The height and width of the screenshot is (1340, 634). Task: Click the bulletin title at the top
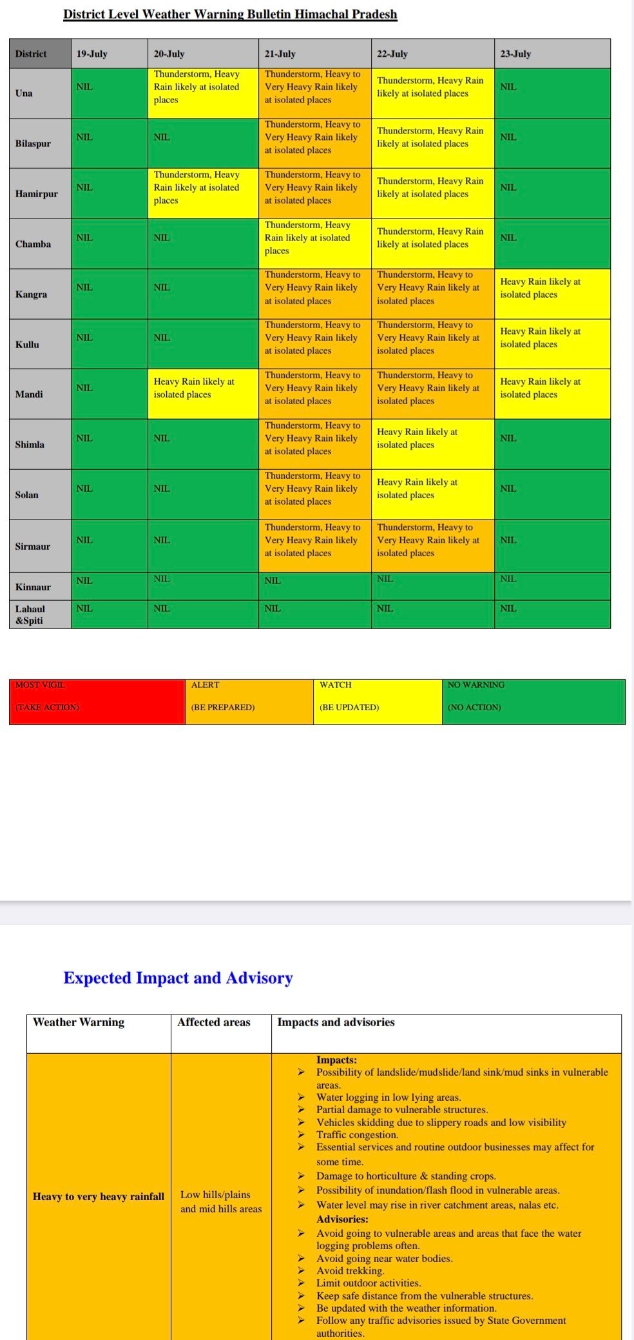pos(230,14)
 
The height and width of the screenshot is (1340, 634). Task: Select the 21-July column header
pos(314,53)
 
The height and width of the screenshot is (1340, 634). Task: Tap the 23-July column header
pos(552,53)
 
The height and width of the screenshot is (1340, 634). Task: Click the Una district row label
pos(39,93)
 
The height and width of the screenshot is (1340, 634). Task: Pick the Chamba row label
pos(39,244)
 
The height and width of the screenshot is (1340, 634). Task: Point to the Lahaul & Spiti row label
pos(39,614)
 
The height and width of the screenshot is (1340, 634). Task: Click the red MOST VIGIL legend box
pos(97,701)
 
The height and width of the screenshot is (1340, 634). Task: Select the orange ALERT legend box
pos(249,701)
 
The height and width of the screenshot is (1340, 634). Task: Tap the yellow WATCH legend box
pos(377,701)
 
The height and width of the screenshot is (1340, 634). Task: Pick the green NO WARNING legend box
pos(533,701)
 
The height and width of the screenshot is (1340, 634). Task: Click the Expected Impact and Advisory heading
pos(178,978)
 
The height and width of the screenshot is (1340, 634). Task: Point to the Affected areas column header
pos(214,1022)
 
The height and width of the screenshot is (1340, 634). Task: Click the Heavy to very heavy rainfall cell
pos(99,1196)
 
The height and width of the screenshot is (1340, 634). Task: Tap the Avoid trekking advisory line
pos(350,1270)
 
